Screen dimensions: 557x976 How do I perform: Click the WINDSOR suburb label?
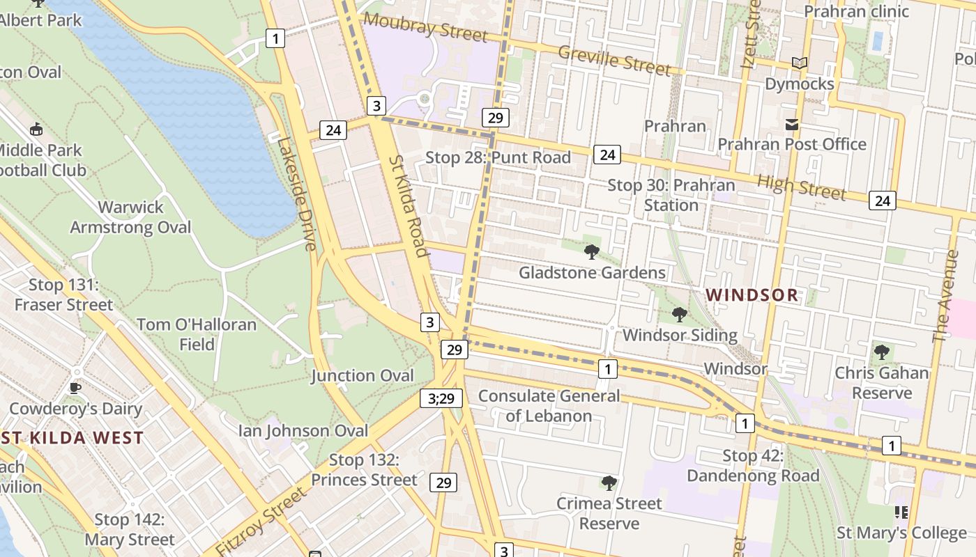pyautogui.click(x=752, y=295)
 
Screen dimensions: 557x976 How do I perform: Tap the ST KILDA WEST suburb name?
pyautogui.click(x=72, y=438)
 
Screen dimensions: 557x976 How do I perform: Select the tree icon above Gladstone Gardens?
pyautogui.click(x=592, y=252)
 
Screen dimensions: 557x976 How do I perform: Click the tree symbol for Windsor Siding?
pyautogui.click(x=680, y=315)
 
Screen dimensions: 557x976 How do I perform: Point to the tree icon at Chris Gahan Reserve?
pyautogui.click(x=882, y=352)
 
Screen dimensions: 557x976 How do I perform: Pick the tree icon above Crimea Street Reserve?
pyautogui.click(x=609, y=483)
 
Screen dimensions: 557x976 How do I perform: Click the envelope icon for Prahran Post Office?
pyautogui.click(x=792, y=125)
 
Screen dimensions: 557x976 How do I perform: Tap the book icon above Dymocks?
pyautogui.click(x=800, y=63)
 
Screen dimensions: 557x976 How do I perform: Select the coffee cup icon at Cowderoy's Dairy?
pyautogui.click(x=75, y=388)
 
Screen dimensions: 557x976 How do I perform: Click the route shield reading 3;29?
pyautogui.click(x=441, y=398)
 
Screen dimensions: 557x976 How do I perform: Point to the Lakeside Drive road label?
pyautogui.click(x=297, y=193)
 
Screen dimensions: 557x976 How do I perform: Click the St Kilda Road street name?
pyautogui.click(x=408, y=205)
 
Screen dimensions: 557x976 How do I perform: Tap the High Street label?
pyautogui.click(x=802, y=187)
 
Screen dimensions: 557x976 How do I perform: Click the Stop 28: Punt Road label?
pyautogui.click(x=498, y=157)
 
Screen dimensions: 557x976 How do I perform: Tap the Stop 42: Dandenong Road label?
pyautogui.click(x=753, y=466)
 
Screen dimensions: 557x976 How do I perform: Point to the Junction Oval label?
pyautogui.click(x=363, y=375)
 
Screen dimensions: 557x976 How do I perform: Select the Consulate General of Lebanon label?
pyautogui.click(x=549, y=406)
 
